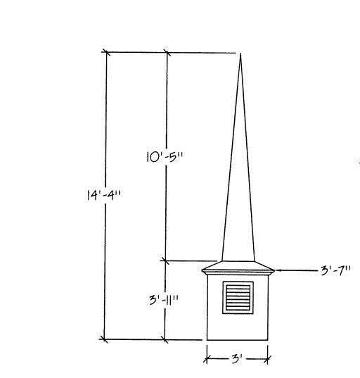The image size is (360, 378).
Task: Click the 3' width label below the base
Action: coord(237,359)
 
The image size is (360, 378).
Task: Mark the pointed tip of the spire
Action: coord(240,54)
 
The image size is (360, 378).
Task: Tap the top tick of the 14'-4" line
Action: coord(106,51)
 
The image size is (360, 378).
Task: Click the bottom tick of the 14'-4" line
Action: coord(105,339)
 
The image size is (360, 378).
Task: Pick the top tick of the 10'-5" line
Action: coord(167,51)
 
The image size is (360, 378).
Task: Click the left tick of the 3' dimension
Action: coord(207,359)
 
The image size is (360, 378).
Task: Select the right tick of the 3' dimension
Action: coord(269,359)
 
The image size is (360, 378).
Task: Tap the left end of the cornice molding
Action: coord(202,270)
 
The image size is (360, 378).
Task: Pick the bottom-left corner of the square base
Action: coord(207,339)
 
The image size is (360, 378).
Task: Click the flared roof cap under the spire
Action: coord(239,264)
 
